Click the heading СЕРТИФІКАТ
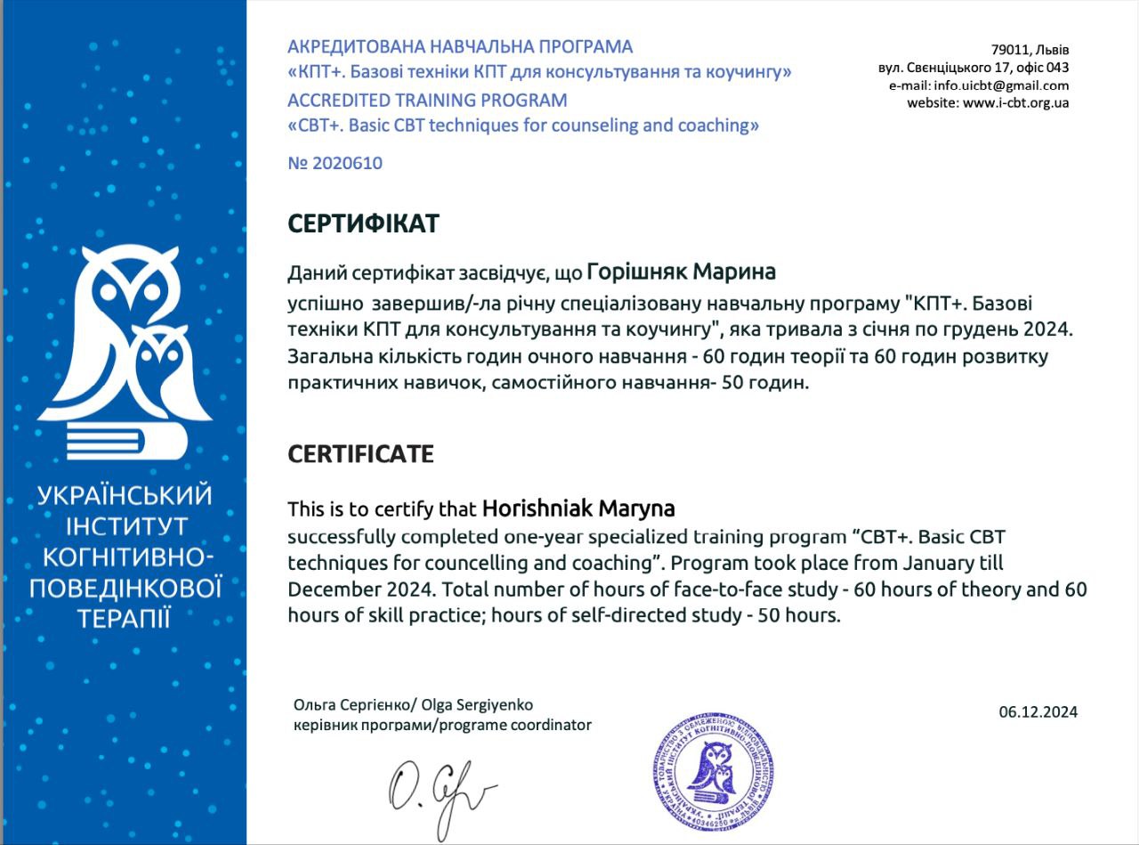[x=363, y=223]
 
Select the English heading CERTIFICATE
[x=360, y=454]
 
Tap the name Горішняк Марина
[x=682, y=271]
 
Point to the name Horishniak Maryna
[x=578, y=509]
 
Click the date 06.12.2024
[x=1038, y=711]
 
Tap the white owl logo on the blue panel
[x=125, y=347]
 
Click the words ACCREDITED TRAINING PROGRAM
[x=427, y=100]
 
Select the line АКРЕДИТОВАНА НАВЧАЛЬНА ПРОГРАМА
[x=460, y=46]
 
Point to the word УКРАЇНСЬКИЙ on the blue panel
[x=125, y=496]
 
